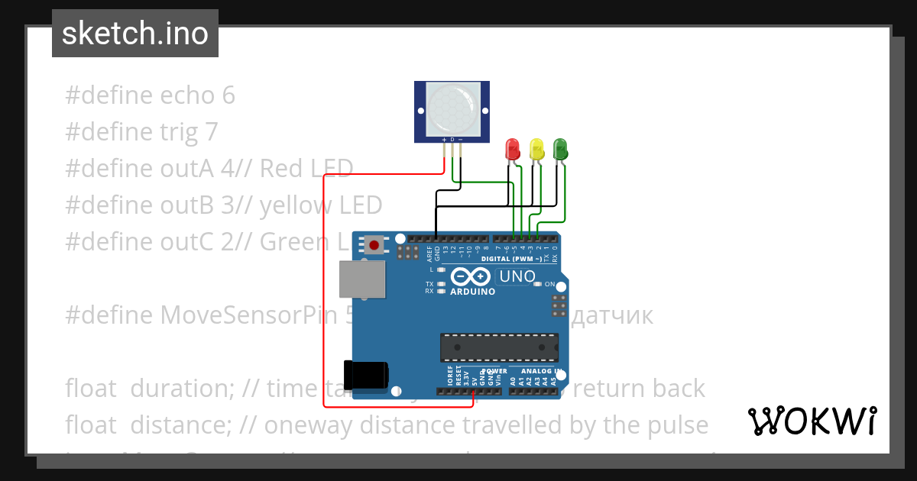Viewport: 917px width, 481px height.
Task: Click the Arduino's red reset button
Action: pyautogui.click(x=374, y=245)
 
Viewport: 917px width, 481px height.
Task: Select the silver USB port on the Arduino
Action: pyautogui.click(x=362, y=279)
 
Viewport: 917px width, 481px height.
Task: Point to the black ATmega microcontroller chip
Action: pyautogui.click(x=498, y=347)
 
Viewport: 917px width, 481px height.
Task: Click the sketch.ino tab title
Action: pyautogui.click(x=135, y=34)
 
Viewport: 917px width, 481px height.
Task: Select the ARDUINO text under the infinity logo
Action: pyautogui.click(x=472, y=292)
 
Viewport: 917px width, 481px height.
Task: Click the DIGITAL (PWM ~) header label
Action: pyautogui.click(x=512, y=260)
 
